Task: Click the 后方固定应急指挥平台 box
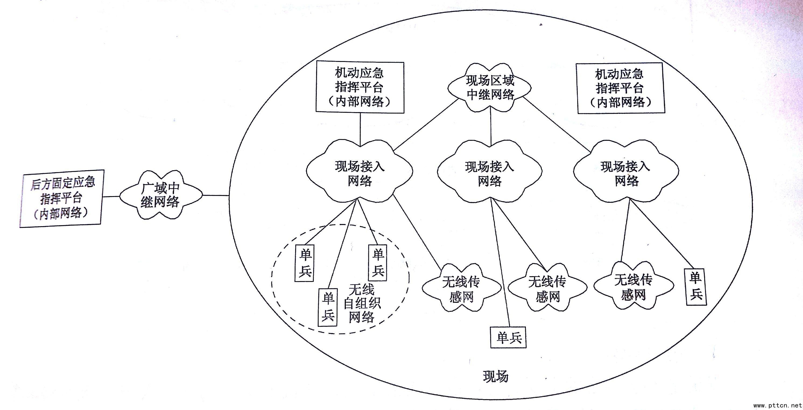tap(61, 199)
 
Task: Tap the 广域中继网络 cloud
tap(161, 195)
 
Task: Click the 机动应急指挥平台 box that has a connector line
tap(360, 87)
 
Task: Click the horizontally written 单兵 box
tap(508, 337)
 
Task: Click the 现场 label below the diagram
tap(495, 376)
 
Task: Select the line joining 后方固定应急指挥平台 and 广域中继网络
tap(111, 197)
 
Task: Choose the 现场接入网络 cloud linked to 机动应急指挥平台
tap(360, 173)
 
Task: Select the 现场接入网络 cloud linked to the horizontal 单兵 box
tap(490, 173)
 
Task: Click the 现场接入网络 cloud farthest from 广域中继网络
tap(626, 173)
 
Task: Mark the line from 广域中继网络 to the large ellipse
tap(216, 196)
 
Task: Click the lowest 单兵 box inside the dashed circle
tap(327, 307)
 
